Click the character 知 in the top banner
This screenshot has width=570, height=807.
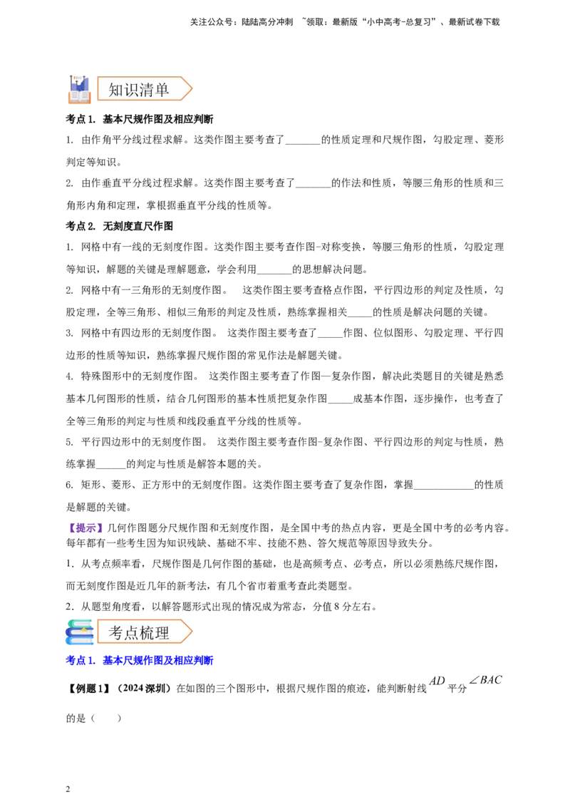click(x=116, y=90)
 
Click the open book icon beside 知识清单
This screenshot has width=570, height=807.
click(x=79, y=95)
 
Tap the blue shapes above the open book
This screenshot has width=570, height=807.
click(x=79, y=81)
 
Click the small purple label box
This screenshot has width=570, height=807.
click(x=85, y=528)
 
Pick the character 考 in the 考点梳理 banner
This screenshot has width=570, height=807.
click(x=116, y=632)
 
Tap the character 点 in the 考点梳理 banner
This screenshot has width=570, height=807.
click(x=132, y=632)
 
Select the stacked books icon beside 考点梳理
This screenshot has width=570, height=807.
click(x=79, y=632)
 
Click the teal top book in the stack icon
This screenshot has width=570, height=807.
click(x=81, y=622)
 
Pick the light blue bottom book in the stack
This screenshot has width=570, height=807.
click(x=81, y=642)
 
